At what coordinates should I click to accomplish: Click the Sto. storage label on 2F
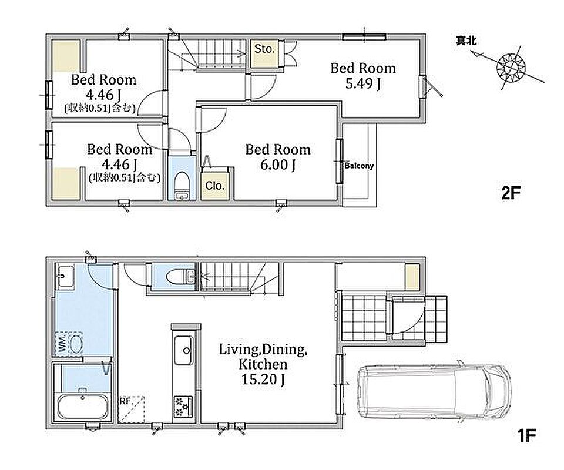click(x=264, y=49)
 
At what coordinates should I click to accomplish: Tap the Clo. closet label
click(x=215, y=186)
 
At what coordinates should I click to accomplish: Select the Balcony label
click(x=359, y=166)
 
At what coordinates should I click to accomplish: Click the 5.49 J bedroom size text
click(x=363, y=84)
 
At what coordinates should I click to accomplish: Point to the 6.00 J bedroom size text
click(x=278, y=165)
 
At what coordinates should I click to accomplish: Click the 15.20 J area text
click(x=263, y=380)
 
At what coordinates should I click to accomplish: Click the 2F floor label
click(x=511, y=193)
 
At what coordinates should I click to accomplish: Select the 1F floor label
click(x=526, y=435)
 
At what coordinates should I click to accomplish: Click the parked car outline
click(x=434, y=392)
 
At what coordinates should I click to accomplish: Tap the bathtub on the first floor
click(x=83, y=407)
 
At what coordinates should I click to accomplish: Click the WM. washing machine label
click(x=61, y=344)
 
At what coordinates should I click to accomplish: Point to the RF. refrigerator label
click(x=125, y=401)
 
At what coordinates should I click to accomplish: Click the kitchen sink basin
click(x=183, y=351)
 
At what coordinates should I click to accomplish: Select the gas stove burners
click(x=183, y=407)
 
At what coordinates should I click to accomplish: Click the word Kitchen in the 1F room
click(x=263, y=364)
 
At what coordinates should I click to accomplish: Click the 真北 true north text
click(x=466, y=41)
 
